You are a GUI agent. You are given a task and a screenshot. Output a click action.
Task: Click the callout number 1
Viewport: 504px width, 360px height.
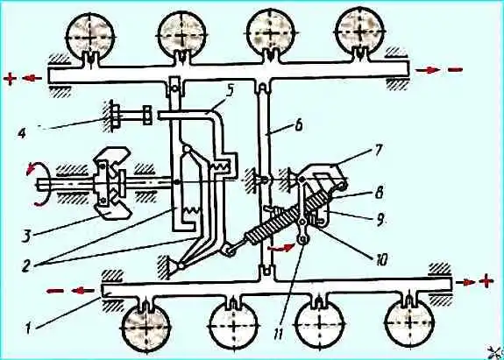pyautogui.click(x=29, y=328)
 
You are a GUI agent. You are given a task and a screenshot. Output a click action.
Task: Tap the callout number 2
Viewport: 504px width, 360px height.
pyautogui.click(x=27, y=266)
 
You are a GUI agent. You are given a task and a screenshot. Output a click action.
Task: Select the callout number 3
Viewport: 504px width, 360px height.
pyautogui.click(x=27, y=235)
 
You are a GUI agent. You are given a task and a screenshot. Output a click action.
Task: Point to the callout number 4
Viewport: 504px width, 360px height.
pyautogui.click(x=22, y=133)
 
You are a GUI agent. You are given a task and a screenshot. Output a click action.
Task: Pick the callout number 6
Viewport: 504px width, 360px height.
pyautogui.click(x=298, y=125)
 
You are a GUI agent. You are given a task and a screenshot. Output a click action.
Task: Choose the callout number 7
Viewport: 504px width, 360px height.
pyautogui.click(x=378, y=150)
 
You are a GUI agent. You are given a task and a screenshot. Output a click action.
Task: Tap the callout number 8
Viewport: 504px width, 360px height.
pyautogui.click(x=380, y=193)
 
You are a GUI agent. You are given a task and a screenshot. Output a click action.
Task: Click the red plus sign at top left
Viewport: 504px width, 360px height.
pyautogui.click(x=11, y=79)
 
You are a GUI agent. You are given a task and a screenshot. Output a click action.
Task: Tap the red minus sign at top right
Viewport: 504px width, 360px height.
pyautogui.click(x=455, y=69)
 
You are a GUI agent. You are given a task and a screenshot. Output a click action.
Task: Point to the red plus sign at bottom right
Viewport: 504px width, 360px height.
pyautogui.click(x=486, y=281)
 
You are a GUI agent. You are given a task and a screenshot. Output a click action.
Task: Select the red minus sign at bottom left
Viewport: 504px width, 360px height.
pyautogui.click(x=55, y=291)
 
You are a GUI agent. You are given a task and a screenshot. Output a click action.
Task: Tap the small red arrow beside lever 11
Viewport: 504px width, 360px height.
pyautogui.click(x=281, y=248)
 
